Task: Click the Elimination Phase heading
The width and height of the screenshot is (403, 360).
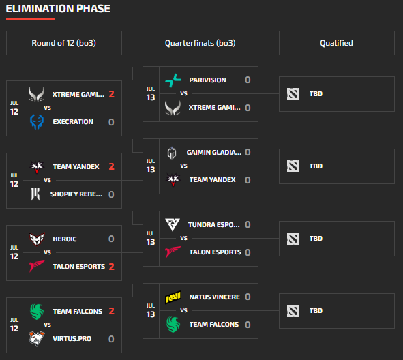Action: pyautogui.click(x=58, y=9)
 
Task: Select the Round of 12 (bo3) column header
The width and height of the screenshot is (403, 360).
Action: pyautogui.click(x=63, y=43)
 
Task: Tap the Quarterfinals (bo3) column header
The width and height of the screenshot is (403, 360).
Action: pyautogui.click(x=200, y=43)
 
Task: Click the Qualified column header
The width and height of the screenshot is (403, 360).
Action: pyautogui.click(x=336, y=43)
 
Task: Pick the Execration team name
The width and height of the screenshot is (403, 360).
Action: pyautogui.click(x=73, y=122)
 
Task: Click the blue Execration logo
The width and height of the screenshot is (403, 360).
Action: pyautogui.click(x=37, y=122)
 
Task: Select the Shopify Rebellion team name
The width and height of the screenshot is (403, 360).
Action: pyautogui.click(x=76, y=194)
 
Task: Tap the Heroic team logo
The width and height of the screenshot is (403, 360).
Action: pyautogui.click(x=37, y=239)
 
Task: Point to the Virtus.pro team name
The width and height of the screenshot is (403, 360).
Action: pyautogui.click(x=72, y=339)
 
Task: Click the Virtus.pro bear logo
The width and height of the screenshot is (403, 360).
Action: pyautogui.click(x=37, y=339)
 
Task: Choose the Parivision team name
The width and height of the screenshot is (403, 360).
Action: pyautogui.click(x=208, y=80)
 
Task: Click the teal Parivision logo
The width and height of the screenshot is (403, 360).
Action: pyautogui.click(x=173, y=80)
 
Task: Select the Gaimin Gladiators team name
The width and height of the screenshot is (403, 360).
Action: pyautogui.click(x=214, y=152)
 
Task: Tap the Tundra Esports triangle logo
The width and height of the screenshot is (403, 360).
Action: pyautogui.click(x=173, y=224)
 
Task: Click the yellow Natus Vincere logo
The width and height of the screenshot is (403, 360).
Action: pyautogui.click(x=173, y=297)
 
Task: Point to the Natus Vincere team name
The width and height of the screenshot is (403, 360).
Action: pyautogui.click(x=215, y=297)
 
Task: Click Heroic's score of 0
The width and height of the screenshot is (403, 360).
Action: pyautogui.click(x=111, y=239)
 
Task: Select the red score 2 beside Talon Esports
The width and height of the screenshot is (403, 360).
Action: pyautogui.click(x=112, y=267)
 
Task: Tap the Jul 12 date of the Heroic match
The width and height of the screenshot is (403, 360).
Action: pyautogui.click(x=14, y=253)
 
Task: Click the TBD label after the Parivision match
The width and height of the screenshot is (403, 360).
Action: pyautogui.click(x=316, y=94)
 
